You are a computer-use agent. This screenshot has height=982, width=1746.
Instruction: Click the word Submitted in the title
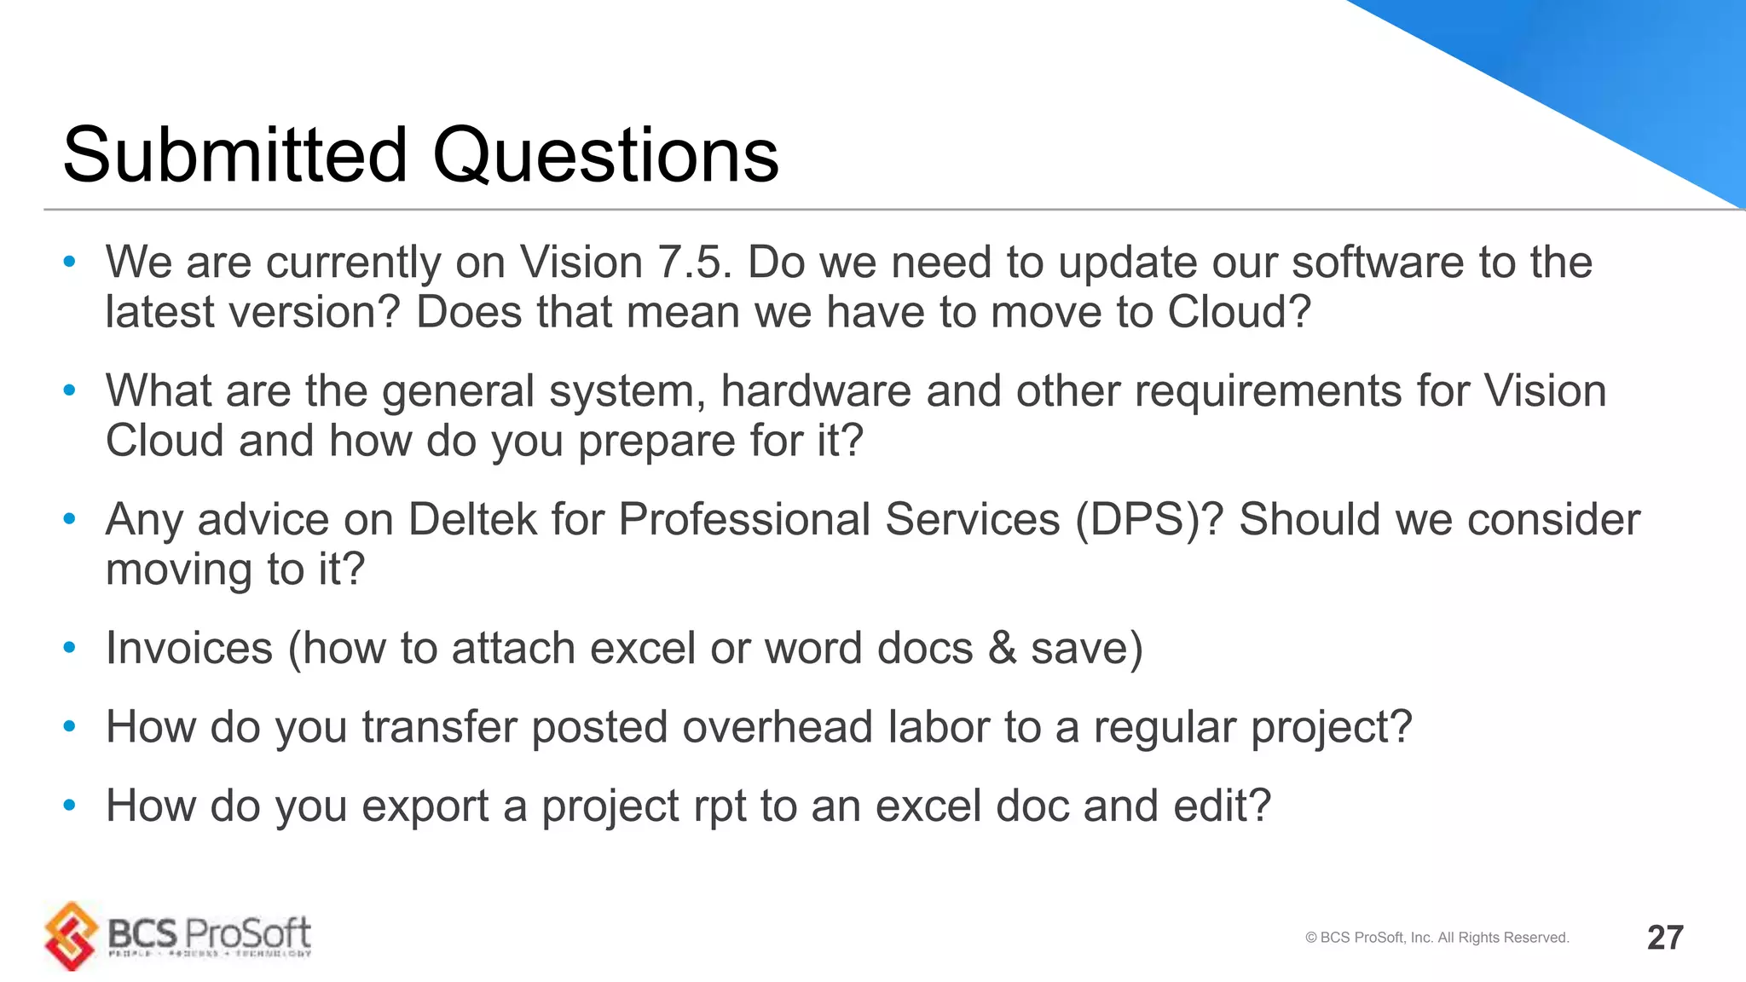point(235,155)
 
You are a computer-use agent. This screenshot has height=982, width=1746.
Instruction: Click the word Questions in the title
point(605,155)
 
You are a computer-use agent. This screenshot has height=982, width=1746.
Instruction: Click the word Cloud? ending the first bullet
point(1238,312)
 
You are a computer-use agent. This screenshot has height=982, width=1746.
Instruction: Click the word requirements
point(1268,391)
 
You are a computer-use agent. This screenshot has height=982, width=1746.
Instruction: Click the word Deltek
point(472,519)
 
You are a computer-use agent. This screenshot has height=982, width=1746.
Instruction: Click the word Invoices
point(189,648)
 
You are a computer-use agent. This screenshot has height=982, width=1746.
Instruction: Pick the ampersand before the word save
point(1002,648)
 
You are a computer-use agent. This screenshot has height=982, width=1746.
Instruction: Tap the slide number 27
point(1664,938)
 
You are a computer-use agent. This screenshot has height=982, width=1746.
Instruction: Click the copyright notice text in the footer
point(1437,938)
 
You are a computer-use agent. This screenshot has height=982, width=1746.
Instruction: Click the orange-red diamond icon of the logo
point(72,935)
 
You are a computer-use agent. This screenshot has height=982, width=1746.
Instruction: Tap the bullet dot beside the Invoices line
point(70,648)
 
